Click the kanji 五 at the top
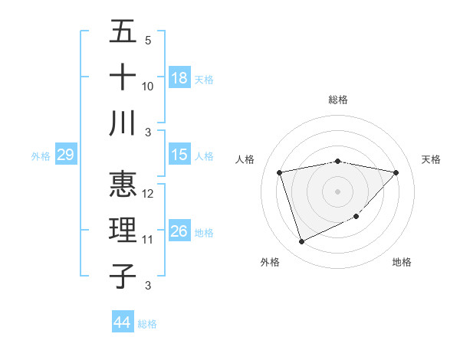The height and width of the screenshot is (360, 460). [x=123, y=33]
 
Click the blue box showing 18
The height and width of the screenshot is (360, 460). [x=179, y=78]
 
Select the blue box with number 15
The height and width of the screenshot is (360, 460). [x=179, y=155]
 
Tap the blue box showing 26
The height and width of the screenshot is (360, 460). [x=179, y=231]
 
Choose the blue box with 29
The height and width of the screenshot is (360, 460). [x=65, y=155]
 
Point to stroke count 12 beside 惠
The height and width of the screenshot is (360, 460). [x=149, y=194]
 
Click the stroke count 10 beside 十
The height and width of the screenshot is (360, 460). [x=148, y=86]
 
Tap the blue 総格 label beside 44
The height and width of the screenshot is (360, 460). [x=147, y=324]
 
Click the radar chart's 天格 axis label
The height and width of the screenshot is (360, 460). [x=431, y=159]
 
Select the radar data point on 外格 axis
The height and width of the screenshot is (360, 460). [x=301, y=242]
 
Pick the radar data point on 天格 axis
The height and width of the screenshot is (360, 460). [x=396, y=172]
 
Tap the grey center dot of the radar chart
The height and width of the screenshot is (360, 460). [x=338, y=191]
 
